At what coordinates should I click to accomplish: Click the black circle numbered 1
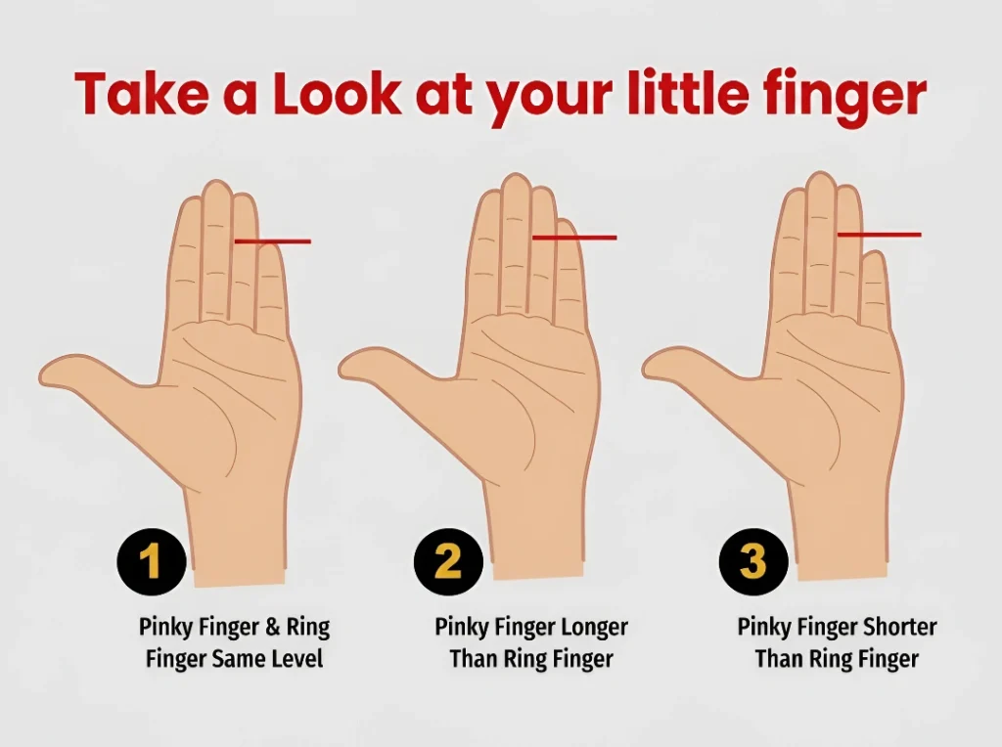(x=152, y=562)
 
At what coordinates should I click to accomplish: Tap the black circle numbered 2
(x=448, y=562)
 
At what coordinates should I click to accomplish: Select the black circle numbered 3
(x=754, y=562)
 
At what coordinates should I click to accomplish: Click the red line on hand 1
(x=273, y=242)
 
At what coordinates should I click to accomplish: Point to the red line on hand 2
(x=574, y=238)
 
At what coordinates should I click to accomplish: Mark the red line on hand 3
(x=880, y=235)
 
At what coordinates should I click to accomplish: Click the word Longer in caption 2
(x=594, y=628)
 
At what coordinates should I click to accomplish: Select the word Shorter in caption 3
(x=900, y=627)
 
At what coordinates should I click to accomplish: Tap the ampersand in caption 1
(x=272, y=628)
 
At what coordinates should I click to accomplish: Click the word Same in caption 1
(x=239, y=658)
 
